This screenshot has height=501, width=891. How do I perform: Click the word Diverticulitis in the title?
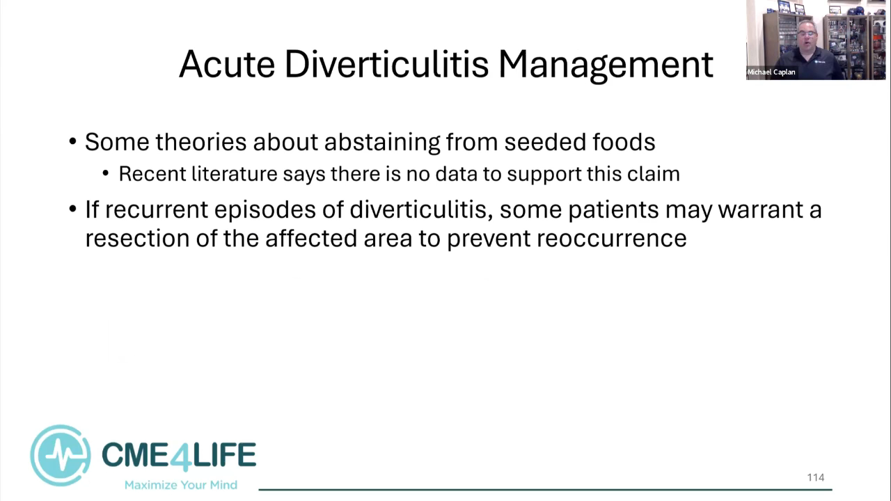[x=386, y=64]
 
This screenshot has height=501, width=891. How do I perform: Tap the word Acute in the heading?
[x=227, y=64]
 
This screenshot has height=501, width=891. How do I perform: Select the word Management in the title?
[x=606, y=65]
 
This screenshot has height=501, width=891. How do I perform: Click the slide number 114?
[x=815, y=477]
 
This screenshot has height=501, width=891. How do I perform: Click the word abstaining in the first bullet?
[x=382, y=143]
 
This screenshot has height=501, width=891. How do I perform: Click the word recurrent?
[x=157, y=209]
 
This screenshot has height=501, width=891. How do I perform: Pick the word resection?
[x=137, y=238]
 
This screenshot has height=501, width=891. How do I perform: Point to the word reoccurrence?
[x=611, y=239]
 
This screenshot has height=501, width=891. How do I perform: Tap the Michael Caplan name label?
[x=771, y=72]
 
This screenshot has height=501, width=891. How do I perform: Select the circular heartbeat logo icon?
[x=61, y=455]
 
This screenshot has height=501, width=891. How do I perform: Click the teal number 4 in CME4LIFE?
[x=180, y=456]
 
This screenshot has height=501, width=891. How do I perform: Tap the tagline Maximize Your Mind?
[x=181, y=485]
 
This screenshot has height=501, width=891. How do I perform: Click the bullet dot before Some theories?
[x=72, y=141]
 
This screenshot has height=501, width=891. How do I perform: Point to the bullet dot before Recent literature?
[x=105, y=173]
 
